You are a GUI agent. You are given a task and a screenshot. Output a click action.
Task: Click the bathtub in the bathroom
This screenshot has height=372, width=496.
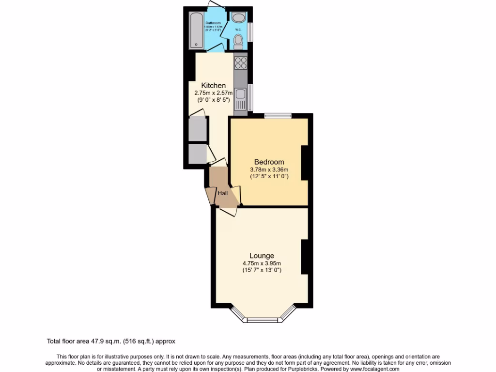196,30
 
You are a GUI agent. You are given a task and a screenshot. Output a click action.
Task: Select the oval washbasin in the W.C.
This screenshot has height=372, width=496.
238,18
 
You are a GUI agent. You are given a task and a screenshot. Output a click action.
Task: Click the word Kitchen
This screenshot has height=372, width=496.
214,85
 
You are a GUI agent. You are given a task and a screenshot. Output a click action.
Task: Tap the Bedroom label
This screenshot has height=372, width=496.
269,162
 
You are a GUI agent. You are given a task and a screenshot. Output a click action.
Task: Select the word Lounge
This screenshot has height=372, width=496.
262,256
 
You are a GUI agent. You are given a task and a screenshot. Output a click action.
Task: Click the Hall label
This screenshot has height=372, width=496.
222,193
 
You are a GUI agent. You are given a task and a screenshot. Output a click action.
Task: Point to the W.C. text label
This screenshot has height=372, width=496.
238,30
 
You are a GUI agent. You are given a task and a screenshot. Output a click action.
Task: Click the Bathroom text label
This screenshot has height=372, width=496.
213,23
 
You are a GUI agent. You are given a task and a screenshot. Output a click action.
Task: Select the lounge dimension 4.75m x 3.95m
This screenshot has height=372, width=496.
262,263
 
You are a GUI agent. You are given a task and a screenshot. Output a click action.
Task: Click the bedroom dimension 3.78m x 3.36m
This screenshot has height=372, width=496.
269,170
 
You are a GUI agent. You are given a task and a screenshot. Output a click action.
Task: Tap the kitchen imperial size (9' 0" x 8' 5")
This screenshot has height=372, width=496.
214,100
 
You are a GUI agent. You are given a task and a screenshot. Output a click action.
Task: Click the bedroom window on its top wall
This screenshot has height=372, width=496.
278,115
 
